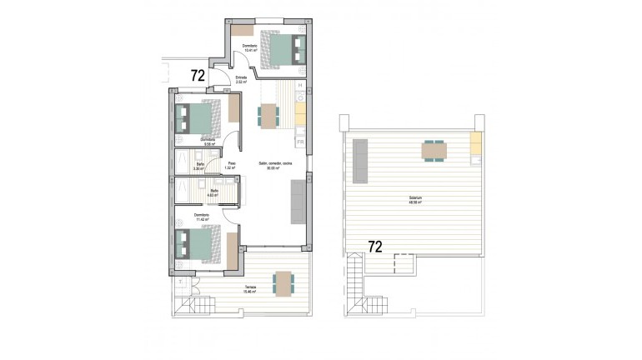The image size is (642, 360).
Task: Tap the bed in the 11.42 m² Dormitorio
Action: point(200,245)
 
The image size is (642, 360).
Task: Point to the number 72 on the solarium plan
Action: point(376,247)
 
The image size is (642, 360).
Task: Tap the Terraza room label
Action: point(249,288)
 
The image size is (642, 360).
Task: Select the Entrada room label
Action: point(242,79)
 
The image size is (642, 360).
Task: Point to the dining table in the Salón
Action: point(268,115)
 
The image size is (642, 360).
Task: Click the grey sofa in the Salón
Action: point(298,202)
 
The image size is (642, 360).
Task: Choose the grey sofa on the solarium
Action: point(360,161)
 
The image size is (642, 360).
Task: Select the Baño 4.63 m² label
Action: point(214,193)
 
